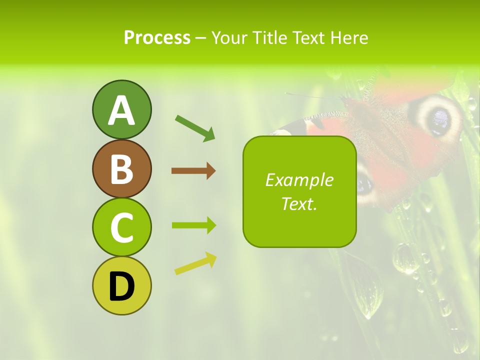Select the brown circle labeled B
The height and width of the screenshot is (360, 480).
pyautogui.click(x=122, y=168)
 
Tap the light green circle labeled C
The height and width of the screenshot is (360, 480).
pyautogui.click(x=122, y=227)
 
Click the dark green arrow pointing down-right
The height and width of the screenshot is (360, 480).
pyautogui.click(x=195, y=128)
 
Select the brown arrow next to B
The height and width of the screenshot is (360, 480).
pyautogui.click(x=193, y=171)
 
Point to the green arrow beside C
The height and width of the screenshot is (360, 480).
pyautogui.click(x=194, y=225)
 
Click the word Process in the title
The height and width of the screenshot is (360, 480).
pyautogui.click(x=157, y=37)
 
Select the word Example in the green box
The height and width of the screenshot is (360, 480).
pyautogui.click(x=299, y=180)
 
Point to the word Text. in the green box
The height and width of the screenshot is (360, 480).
pyautogui.click(x=299, y=204)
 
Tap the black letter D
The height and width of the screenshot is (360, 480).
pyautogui.click(x=122, y=287)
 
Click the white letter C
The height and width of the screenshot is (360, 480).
pyautogui.click(x=122, y=228)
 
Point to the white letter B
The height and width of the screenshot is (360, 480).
pyautogui.click(x=122, y=169)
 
